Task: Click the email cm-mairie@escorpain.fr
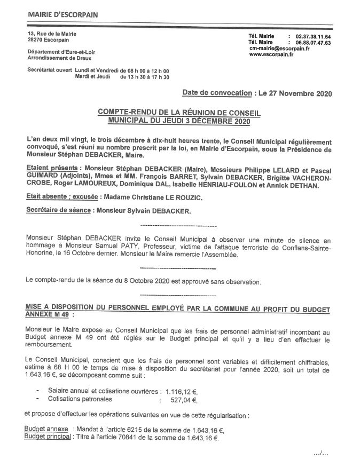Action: click(279, 48)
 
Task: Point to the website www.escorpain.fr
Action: click(271, 54)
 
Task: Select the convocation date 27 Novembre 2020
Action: click(300, 93)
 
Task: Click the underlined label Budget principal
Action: click(48, 438)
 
